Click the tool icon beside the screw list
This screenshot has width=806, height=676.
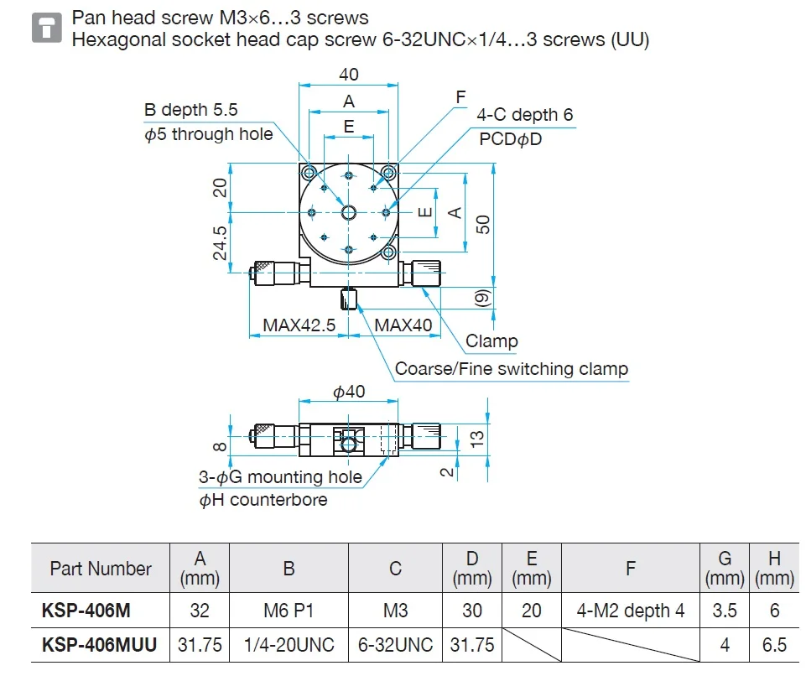pos(46,29)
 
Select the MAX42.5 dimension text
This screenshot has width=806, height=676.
pos(299,325)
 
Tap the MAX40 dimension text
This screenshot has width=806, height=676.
pos(403,325)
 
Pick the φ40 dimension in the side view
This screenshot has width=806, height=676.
pos(349,392)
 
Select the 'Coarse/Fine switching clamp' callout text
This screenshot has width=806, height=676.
pos(511,369)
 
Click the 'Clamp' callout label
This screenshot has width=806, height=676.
pos(491,341)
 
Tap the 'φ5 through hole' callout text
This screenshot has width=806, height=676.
pos(209,134)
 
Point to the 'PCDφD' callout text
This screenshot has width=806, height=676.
pos(511,139)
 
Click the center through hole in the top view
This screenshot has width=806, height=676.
pos(349,213)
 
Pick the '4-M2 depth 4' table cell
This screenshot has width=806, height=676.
pos(630,611)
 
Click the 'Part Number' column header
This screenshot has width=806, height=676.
pos(101,569)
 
